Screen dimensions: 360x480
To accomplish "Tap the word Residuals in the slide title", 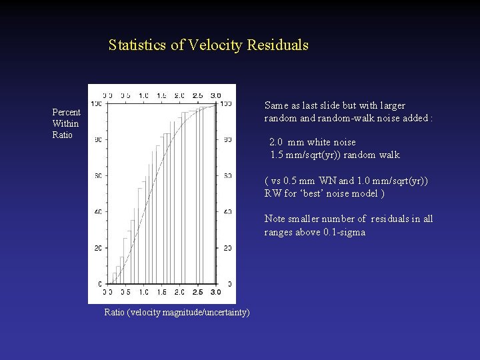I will click(277, 45).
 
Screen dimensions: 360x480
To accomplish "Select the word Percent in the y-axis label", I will click(66, 113).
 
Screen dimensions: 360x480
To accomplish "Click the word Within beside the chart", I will click(65, 123).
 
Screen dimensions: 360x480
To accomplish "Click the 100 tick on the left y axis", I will click(95, 104).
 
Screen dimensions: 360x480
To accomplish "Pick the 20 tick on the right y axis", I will click(228, 248).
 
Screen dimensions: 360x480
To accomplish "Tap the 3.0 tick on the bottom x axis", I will click(215, 292).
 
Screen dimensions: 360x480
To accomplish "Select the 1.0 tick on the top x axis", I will click(143, 95).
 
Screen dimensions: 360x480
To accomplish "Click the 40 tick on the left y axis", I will click(97, 212).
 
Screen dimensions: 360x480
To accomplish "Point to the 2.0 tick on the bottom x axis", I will click(179, 292).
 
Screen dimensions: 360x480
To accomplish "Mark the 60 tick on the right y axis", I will click(228, 176).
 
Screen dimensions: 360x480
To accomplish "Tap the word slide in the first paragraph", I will click(329, 105).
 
